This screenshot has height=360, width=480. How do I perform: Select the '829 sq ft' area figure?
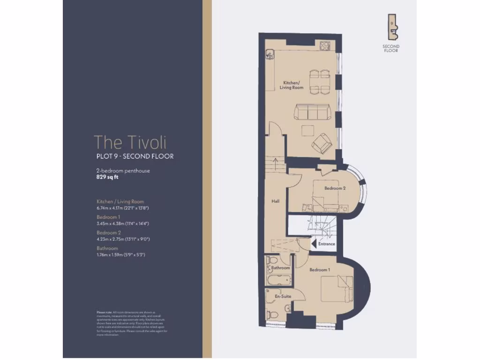[109, 178]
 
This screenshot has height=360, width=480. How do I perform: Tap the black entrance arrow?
[314, 243]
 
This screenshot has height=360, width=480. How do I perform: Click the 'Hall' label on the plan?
[276, 201]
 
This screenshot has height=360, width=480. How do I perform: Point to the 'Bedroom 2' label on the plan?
[335, 188]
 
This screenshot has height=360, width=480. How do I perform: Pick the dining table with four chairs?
[319, 82]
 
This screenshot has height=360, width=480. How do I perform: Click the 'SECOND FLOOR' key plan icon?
[390, 28]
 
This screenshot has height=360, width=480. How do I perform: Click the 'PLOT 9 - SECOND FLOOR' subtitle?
[135, 156]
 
